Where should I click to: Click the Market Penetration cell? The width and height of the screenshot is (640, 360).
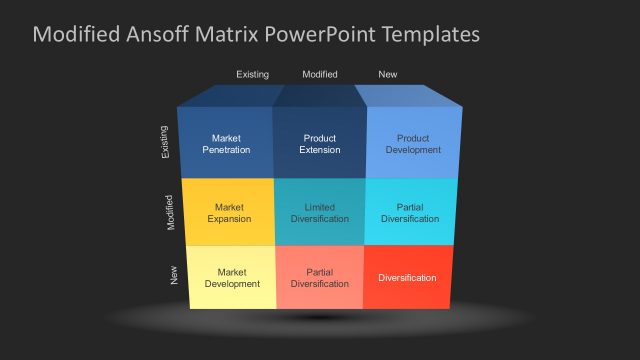(226, 144)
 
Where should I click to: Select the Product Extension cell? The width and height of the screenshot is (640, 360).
(320, 144)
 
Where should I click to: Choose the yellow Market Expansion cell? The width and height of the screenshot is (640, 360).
(229, 213)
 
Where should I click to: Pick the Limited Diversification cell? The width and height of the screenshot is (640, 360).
(320, 213)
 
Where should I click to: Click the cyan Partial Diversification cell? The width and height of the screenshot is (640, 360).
(410, 213)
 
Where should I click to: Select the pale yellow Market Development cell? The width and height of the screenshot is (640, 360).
(232, 277)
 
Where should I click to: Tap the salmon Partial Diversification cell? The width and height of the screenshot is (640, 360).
(320, 277)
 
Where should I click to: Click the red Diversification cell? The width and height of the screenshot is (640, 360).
(407, 277)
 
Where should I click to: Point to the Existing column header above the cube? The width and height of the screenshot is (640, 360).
(252, 74)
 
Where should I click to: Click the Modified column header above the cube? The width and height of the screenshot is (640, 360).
(320, 74)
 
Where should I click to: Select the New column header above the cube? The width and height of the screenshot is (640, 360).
(387, 74)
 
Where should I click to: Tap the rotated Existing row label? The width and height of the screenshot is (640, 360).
(165, 141)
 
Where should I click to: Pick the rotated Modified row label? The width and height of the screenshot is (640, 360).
(170, 213)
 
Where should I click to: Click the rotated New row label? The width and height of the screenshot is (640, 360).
(175, 275)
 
